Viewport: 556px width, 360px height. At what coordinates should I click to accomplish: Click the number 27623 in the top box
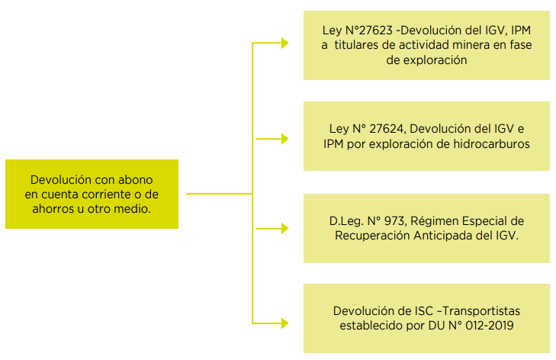[375, 31]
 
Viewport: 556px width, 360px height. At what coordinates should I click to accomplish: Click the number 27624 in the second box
[387, 129]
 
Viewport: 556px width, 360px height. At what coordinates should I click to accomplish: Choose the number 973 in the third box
[394, 221]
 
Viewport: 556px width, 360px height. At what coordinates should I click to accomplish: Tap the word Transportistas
[481, 311]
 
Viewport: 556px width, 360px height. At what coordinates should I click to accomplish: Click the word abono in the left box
[136, 180]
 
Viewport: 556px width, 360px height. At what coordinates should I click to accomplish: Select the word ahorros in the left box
[53, 209]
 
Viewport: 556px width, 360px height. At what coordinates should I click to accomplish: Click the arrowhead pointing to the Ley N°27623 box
[284, 43]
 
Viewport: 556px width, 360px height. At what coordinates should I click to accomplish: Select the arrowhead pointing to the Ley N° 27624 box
[284, 139]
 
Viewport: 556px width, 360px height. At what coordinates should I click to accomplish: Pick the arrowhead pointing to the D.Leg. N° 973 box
[284, 228]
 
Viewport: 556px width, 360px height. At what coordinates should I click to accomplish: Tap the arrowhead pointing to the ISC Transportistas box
[284, 323]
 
